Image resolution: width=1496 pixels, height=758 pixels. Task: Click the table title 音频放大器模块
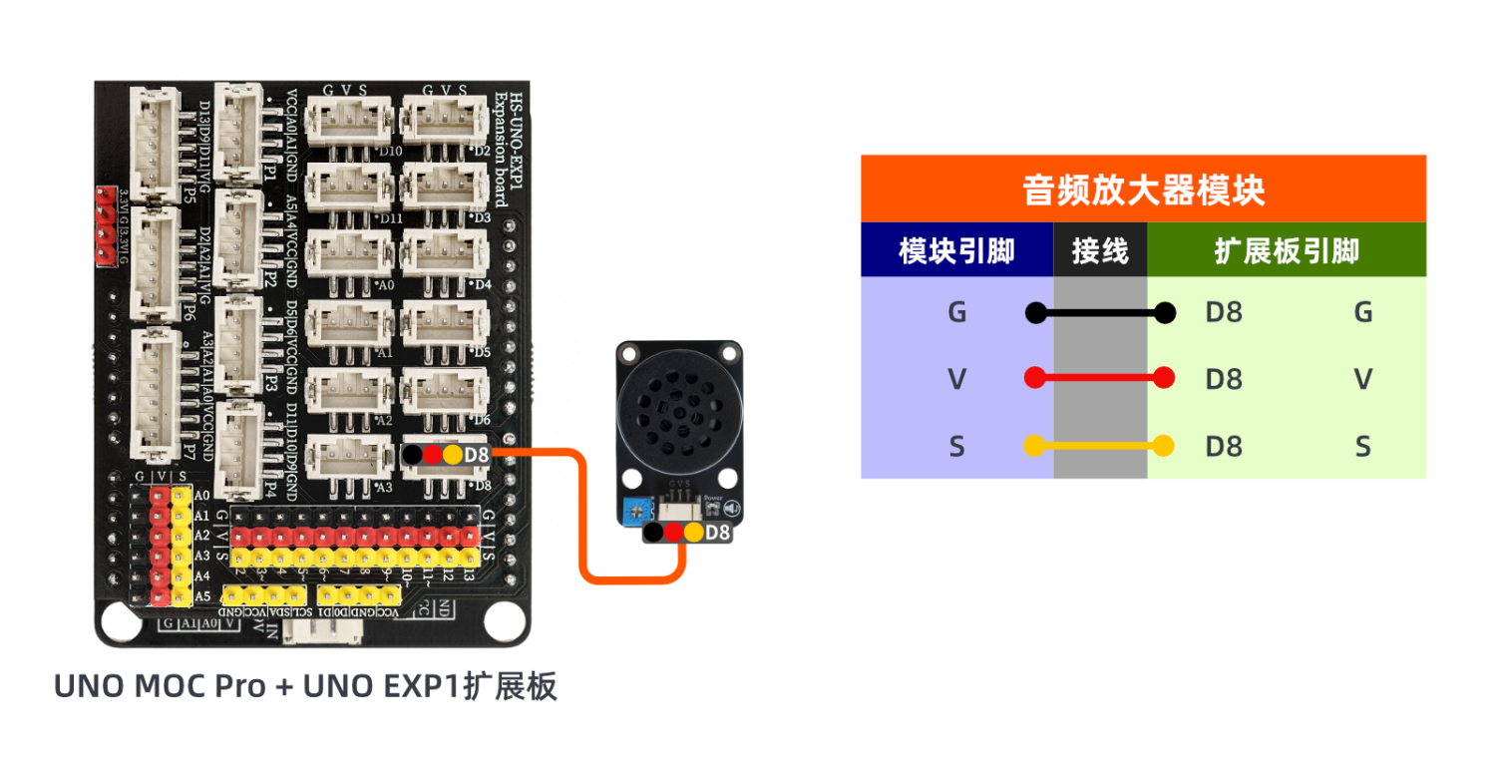click(x=1143, y=189)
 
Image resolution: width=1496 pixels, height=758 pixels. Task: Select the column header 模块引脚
click(x=956, y=250)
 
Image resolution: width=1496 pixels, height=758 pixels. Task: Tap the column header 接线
click(x=1100, y=250)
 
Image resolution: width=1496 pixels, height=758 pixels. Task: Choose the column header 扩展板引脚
click(x=1287, y=250)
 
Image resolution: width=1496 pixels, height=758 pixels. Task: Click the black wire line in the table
click(x=1100, y=313)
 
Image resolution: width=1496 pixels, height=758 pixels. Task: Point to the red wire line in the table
click(x=1100, y=378)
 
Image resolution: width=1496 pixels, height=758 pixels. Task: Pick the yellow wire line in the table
click(x=1100, y=446)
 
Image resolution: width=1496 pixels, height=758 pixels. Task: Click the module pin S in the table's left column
click(x=956, y=447)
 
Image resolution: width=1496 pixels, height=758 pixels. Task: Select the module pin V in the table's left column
click(x=956, y=379)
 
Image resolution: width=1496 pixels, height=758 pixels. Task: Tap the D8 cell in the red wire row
click(x=1224, y=379)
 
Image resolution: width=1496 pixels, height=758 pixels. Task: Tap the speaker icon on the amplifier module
click(x=731, y=509)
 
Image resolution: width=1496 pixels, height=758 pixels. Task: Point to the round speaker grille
click(x=678, y=409)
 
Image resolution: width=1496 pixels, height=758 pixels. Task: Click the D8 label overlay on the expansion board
click(x=477, y=455)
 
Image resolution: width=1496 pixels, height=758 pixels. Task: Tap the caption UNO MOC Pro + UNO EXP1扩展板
click(x=305, y=687)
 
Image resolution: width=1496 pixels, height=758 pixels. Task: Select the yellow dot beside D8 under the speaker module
click(x=694, y=533)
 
